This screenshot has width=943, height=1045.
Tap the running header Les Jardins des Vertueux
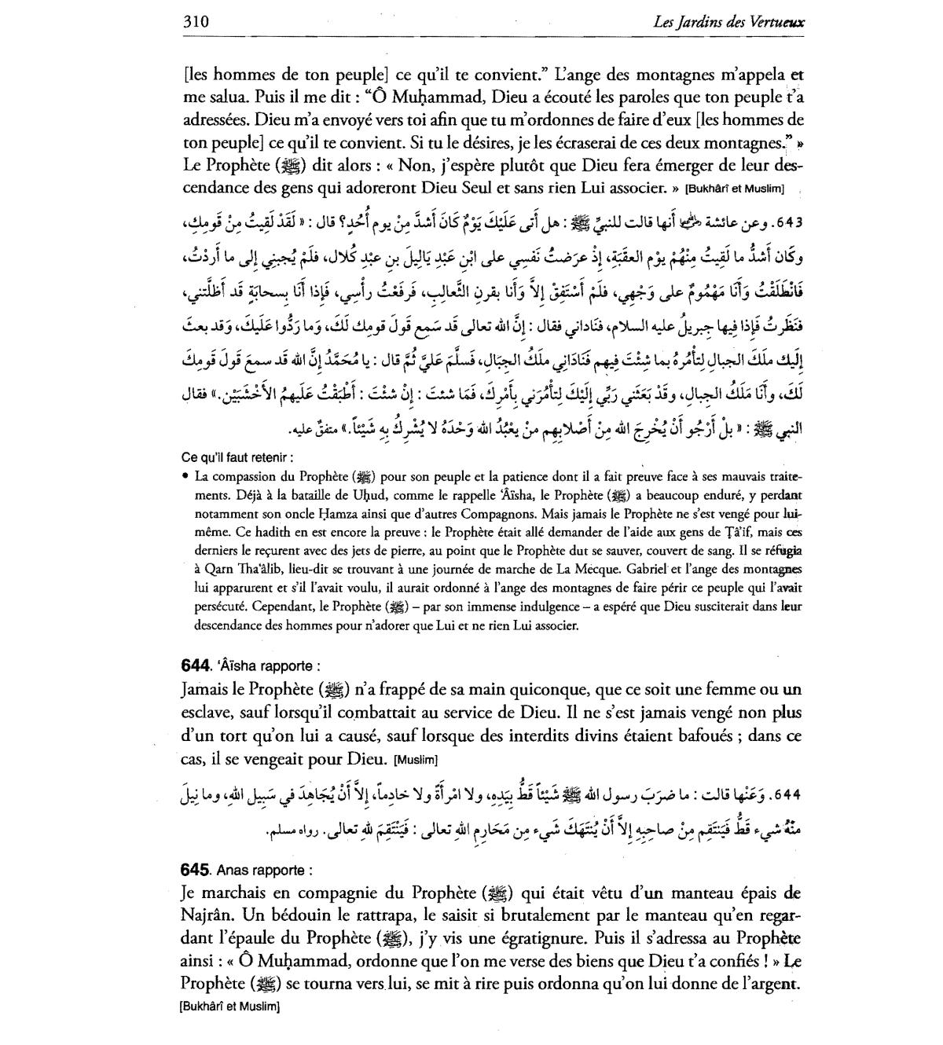click(x=728, y=22)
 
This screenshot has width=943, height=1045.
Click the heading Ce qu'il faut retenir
click(x=237, y=457)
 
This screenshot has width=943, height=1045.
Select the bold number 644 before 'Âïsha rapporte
click(x=195, y=666)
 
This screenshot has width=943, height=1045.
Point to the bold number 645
click(x=195, y=870)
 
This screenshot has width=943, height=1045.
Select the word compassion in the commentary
click(x=243, y=476)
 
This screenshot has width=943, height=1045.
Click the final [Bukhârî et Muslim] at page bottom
click(x=229, y=1006)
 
